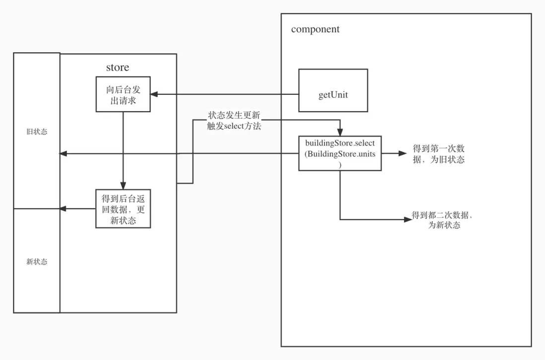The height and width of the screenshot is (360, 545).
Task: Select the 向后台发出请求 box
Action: click(123, 94)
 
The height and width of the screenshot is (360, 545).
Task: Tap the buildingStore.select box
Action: click(340, 153)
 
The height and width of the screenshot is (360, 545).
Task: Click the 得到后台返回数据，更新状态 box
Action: click(123, 209)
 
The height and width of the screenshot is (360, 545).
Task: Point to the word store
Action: click(118, 68)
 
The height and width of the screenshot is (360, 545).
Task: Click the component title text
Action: click(315, 29)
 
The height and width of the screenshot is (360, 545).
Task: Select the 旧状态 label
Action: click(37, 132)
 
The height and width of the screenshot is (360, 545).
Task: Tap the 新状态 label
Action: click(37, 262)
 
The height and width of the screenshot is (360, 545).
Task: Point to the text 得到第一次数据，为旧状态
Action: click(439, 154)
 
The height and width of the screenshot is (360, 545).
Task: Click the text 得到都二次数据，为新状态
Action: click(442, 220)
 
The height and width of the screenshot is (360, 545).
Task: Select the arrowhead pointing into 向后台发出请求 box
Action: click(154, 94)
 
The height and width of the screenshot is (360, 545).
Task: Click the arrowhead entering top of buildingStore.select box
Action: click(340, 133)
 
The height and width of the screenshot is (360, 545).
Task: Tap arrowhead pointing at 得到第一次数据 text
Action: click(403, 153)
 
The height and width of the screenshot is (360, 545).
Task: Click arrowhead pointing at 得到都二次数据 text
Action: click(408, 220)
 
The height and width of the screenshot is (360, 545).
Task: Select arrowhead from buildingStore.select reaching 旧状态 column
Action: click(63, 154)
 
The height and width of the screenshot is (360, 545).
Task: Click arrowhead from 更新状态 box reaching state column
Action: click(63, 209)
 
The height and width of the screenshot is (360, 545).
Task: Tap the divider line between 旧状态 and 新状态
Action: click(37, 209)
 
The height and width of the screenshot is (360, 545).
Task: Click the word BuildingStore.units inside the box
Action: click(340, 154)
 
